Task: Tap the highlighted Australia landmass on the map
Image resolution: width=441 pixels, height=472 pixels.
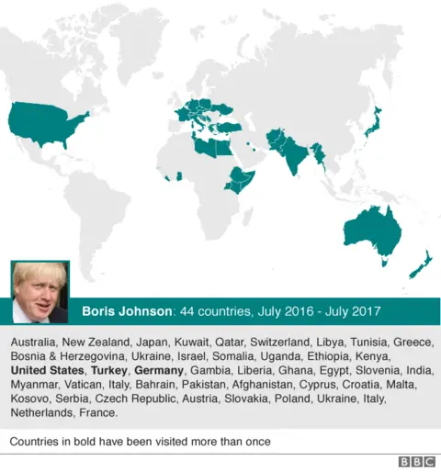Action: pyautogui.click(x=373, y=230)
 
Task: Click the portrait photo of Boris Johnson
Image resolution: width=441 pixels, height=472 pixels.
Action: pyautogui.click(x=39, y=292)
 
